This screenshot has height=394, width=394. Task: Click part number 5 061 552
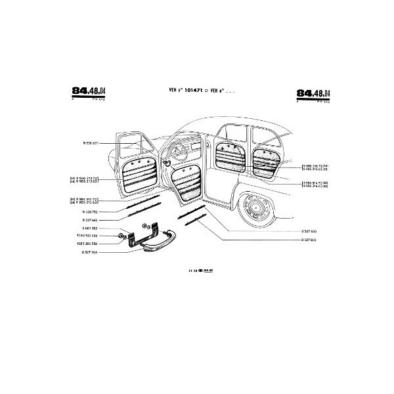tap(90, 228)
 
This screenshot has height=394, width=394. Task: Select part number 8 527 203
tap(90, 252)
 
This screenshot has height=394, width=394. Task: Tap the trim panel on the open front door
tap(187, 181)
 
